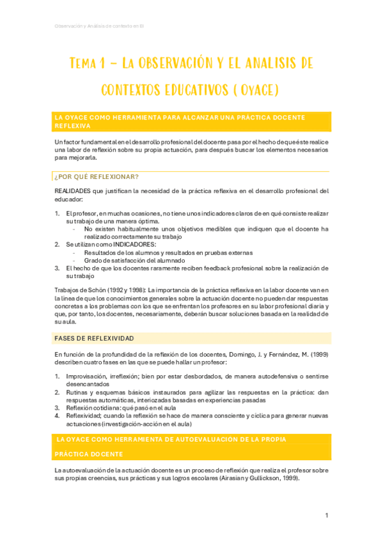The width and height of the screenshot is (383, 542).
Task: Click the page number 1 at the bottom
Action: point(327,516)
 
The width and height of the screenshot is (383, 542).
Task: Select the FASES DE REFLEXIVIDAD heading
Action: point(95,337)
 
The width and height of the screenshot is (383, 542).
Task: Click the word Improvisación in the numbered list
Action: point(86,376)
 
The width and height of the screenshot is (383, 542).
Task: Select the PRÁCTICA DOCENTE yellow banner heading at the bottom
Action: point(89,454)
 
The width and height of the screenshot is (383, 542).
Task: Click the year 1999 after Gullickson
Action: point(288,479)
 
